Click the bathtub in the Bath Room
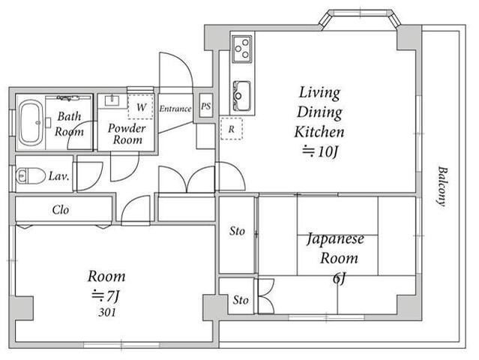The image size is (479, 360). point(31,123)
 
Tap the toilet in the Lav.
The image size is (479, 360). point(30,176)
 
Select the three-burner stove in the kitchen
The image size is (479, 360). point(242,49)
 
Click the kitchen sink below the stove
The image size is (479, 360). point(242,96)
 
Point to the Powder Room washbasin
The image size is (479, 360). point(112,100)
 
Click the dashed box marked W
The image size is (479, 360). point(140,106)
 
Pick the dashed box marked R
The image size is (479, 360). point(232,129)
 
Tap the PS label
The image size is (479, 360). point(206,106)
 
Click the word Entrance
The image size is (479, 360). point(175,109)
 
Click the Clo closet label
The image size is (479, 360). point(61,210)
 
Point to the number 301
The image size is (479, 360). point(107,312)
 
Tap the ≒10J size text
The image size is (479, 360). point(321,151)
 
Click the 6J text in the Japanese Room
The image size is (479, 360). point(339,278)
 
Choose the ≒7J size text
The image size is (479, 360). point(106,295)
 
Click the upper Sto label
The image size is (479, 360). point(237,231)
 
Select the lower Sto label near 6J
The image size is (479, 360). point(241,300)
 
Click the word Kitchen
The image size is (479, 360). point(319,132)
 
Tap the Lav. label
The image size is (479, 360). point(59,176)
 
